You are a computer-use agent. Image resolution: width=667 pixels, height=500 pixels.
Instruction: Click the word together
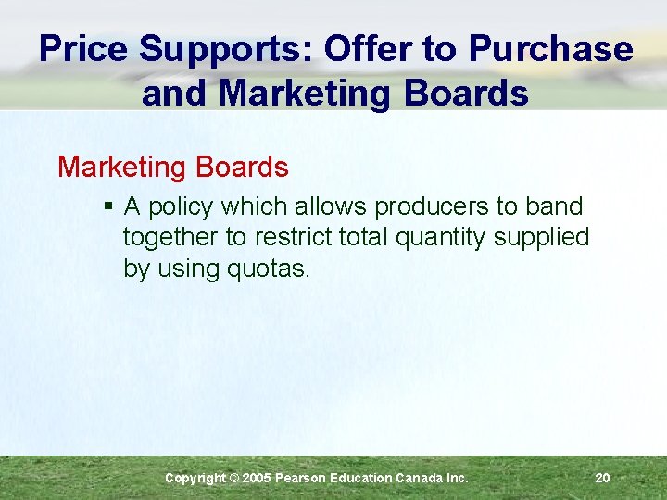170,238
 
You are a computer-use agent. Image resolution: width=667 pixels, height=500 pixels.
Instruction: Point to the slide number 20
602,478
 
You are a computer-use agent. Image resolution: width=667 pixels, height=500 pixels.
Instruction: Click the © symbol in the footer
233,478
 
